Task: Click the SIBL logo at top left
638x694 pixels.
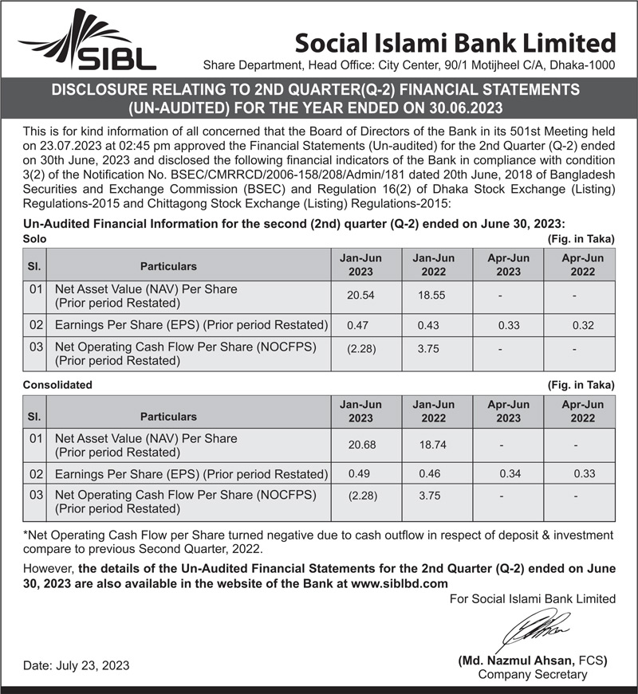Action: pos(88,41)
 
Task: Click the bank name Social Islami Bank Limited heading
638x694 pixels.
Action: pos(455,41)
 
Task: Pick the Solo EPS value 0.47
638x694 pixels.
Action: pos(357,325)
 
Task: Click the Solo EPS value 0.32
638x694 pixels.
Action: pos(584,325)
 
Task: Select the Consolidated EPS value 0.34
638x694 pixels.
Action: pos(510,473)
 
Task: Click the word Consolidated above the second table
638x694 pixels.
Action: pos(57,385)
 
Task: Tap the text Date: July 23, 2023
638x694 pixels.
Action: pos(76,665)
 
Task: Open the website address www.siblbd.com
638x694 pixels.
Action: pos(400,582)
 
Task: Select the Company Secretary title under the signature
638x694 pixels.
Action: pos(532,675)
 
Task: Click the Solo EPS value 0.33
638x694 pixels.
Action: pos(510,325)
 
